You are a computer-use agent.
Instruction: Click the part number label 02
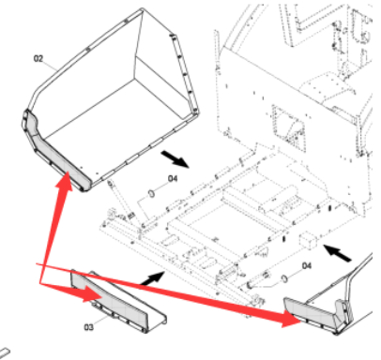pyautogui.click(x=38, y=58)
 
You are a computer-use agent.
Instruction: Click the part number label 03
pyautogui.click(x=88, y=327)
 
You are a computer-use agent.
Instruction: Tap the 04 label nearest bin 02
pyautogui.click(x=173, y=178)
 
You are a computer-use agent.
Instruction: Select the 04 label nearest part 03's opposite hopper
pyautogui.click(x=307, y=265)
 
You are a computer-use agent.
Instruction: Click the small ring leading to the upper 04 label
pyautogui.click(x=151, y=194)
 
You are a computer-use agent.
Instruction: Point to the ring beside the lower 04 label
pyautogui.click(x=284, y=278)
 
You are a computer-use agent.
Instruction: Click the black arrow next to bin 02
pyautogui.click(x=175, y=158)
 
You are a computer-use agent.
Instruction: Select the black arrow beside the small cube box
pyautogui.click(x=337, y=253)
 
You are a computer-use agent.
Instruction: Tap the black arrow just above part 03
pyautogui.click(x=151, y=278)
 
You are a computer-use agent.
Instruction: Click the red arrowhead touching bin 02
pyautogui.click(x=65, y=182)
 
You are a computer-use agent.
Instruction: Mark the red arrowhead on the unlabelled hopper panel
pyautogui.click(x=292, y=319)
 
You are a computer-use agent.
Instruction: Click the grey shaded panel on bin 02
pyautogui.click(x=56, y=150)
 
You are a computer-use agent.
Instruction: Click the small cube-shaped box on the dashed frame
pyautogui.click(x=309, y=240)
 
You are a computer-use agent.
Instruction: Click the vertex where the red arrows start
pyautogui.click(x=40, y=283)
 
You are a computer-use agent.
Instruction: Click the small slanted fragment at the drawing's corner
pyautogui.click(x=5, y=353)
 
